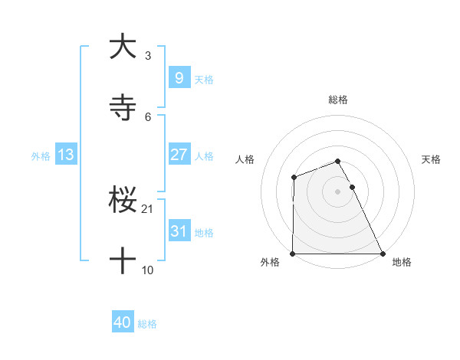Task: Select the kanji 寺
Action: pyautogui.click(x=123, y=109)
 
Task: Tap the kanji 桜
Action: pyautogui.click(x=123, y=201)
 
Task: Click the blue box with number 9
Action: pyautogui.click(x=179, y=77)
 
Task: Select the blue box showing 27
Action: pyautogui.click(x=179, y=155)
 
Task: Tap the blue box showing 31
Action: pyautogui.click(x=179, y=231)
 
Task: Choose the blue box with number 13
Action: pyautogui.click(x=66, y=155)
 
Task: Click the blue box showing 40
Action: pyautogui.click(x=123, y=322)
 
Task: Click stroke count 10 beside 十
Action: pyautogui.click(x=148, y=270)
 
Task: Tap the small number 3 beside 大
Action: pyautogui.click(x=148, y=55)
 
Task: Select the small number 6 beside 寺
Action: pyautogui.click(x=148, y=116)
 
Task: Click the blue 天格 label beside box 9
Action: pyautogui.click(x=204, y=79)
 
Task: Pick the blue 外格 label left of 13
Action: pyautogui.click(x=41, y=155)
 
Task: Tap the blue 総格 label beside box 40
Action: pyautogui.click(x=147, y=324)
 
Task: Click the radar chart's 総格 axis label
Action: pyautogui.click(x=338, y=100)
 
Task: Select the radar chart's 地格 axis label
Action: pyautogui.click(x=402, y=263)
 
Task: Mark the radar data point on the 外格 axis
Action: pyautogui.click(x=293, y=254)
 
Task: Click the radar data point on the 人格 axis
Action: pyautogui.click(x=294, y=178)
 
